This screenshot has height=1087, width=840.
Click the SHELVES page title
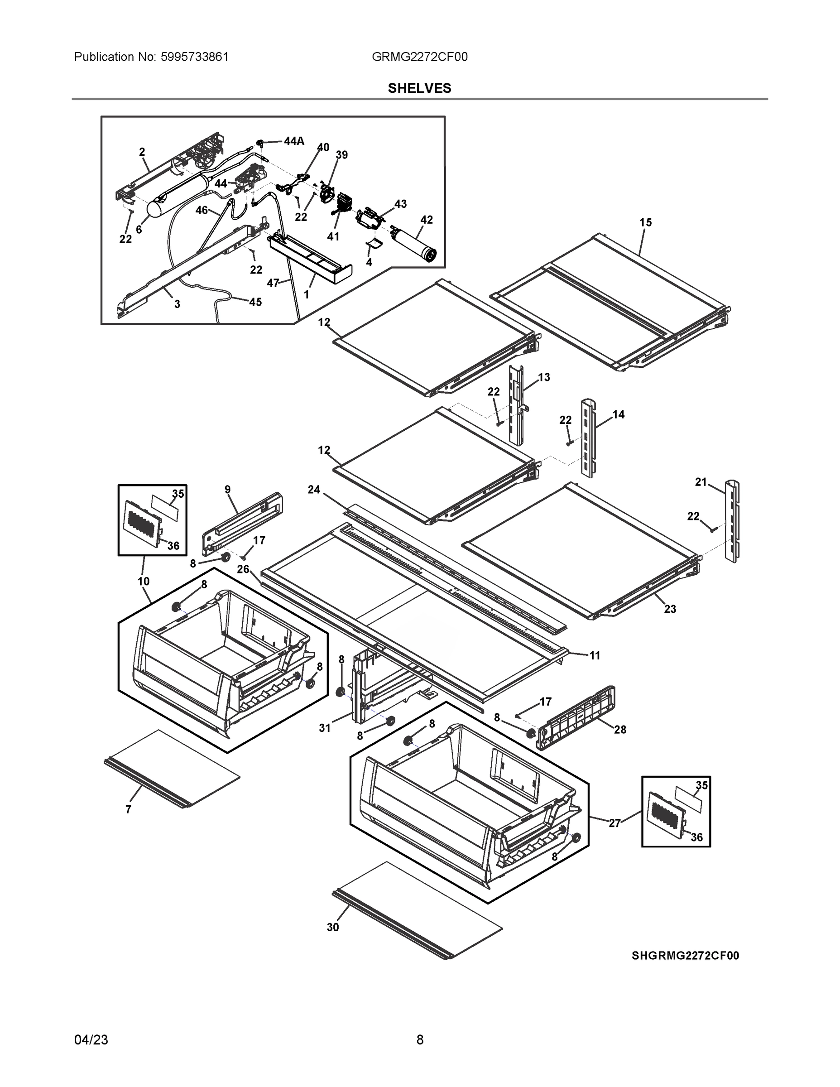419,88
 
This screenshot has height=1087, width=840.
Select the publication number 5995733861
195,57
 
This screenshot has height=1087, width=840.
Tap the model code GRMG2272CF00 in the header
419,57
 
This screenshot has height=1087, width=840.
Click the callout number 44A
293,141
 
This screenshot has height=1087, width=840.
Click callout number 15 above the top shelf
645,222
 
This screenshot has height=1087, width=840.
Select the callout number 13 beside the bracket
544,377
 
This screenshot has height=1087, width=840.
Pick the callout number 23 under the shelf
670,609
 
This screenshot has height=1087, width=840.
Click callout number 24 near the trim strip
314,490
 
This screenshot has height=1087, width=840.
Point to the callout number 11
595,655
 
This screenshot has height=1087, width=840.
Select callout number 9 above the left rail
227,489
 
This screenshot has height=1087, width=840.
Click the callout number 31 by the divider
325,728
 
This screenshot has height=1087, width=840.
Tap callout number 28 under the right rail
619,730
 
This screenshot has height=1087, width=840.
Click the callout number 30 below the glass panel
332,927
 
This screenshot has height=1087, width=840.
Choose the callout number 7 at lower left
129,810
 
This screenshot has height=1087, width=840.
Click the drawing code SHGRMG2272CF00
685,956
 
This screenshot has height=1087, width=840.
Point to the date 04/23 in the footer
91,1039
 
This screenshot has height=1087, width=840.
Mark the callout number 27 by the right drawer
614,823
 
